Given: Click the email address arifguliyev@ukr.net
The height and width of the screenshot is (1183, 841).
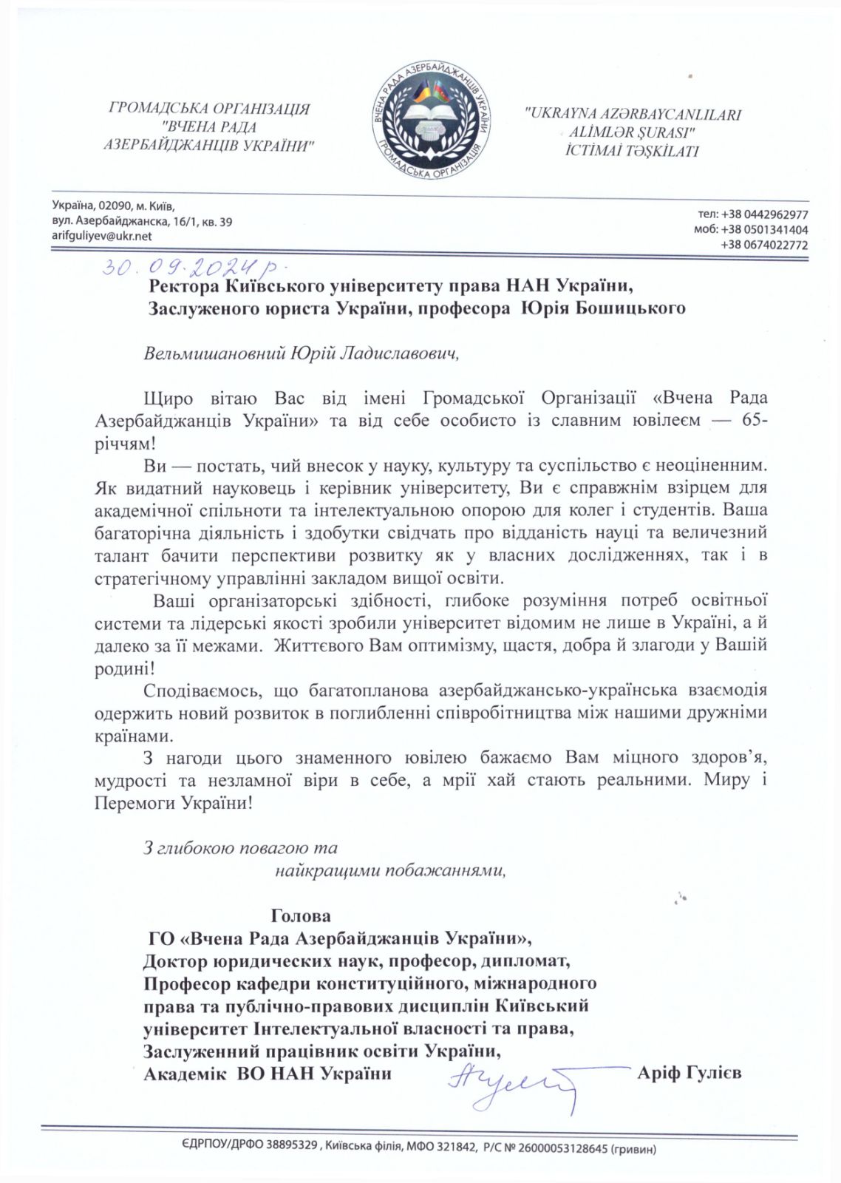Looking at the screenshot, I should (x=102, y=236).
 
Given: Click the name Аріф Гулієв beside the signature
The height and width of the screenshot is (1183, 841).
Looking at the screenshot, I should (x=689, y=1072).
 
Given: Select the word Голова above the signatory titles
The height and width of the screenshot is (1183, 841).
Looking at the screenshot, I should (x=301, y=916).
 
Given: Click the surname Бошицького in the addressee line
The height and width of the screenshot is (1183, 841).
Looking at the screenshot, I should (x=629, y=308).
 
